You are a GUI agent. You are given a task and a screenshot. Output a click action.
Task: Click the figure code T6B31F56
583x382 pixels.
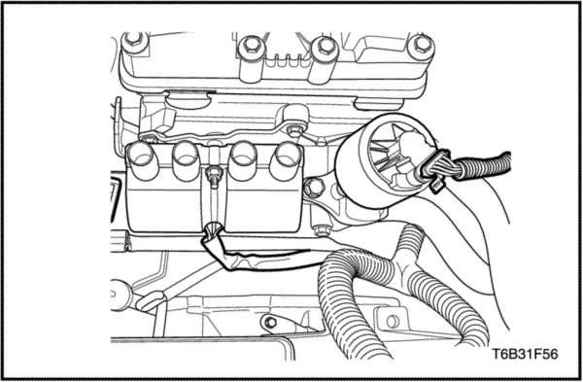coord(526,354)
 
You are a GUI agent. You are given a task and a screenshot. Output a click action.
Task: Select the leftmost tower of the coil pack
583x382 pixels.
coord(142,160)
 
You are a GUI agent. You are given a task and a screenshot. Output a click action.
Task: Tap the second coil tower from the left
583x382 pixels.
coord(187,160)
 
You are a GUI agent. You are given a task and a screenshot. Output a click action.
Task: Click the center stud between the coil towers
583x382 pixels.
coord(214,174)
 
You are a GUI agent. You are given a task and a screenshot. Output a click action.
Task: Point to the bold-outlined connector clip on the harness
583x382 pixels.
coord(434,170)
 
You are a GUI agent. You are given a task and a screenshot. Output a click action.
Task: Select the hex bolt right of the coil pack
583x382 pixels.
coord(314,188)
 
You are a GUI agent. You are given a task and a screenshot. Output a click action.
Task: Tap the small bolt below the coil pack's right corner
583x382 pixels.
coord(320,230)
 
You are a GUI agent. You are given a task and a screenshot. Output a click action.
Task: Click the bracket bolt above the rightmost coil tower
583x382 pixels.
coord(294,130)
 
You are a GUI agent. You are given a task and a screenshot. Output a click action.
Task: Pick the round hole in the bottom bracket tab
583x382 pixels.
coord(271,322)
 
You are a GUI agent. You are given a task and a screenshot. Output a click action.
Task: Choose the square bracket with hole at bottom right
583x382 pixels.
coord(391,321)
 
